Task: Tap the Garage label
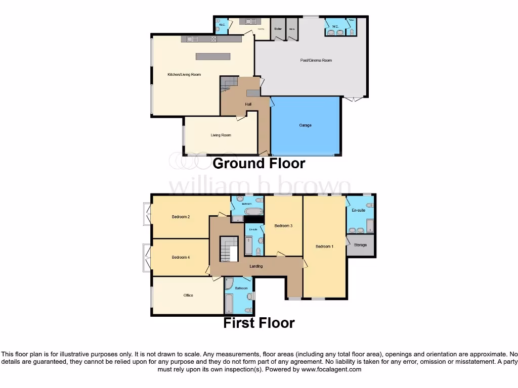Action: coord(305,125)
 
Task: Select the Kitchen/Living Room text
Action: coord(184,75)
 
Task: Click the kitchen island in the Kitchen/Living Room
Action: coord(213,56)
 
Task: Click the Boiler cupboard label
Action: coord(278,29)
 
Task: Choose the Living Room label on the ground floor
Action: coord(221,135)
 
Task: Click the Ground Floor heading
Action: coord(258,163)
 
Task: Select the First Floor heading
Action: coord(258,323)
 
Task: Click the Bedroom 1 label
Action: coord(324,247)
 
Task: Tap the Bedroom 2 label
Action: coord(181,217)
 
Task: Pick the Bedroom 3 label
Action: coord(283,226)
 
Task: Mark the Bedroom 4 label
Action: coord(181,257)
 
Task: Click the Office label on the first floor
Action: coord(188,296)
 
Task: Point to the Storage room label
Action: coord(360,245)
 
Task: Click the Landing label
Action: coord(256,266)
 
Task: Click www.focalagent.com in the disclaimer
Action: coord(331,369)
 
